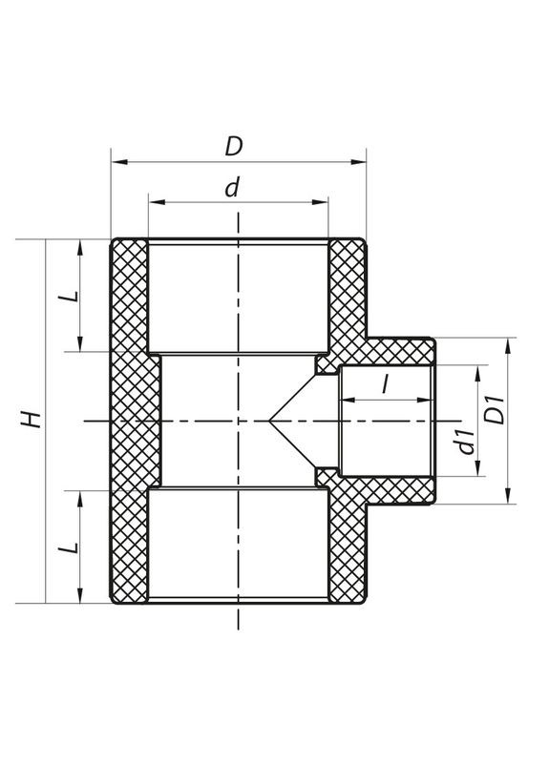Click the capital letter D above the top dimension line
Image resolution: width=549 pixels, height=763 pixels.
pos(233,147)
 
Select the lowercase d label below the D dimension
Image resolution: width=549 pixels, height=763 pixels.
pos(231,188)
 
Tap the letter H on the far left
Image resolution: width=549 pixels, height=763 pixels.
pos(31,420)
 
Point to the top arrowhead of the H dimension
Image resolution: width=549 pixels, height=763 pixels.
pos(45,243)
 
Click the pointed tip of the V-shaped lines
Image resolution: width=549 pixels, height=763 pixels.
pos(269,421)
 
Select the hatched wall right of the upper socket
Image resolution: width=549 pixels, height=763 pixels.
pos(348,291)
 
